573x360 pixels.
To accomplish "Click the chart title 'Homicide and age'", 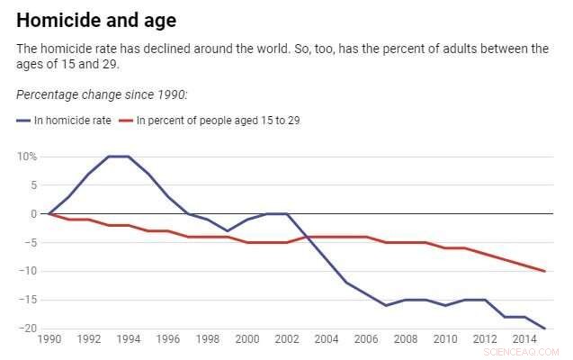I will click(x=96, y=20).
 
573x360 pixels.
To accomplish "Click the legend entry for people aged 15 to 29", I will click(x=216, y=121).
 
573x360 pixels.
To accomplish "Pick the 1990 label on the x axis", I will click(x=49, y=340).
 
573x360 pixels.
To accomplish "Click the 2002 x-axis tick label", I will click(x=287, y=340).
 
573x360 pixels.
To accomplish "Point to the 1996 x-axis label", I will click(x=167, y=340).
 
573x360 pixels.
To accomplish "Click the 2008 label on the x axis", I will click(x=406, y=340).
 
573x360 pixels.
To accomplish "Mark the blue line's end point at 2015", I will click(x=545, y=328).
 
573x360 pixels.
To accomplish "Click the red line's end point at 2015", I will click(x=545, y=271).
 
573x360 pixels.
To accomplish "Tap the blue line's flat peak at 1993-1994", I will click(x=118, y=157).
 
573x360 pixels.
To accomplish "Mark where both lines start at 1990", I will click(x=49, y=214).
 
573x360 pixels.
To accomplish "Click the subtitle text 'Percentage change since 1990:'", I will click(x=102, y=94).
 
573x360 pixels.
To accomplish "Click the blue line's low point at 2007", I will click(x=386, y=306).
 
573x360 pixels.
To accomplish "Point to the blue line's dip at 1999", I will click(x=228, y=231).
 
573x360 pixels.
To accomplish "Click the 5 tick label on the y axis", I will click(x=32, y=185).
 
